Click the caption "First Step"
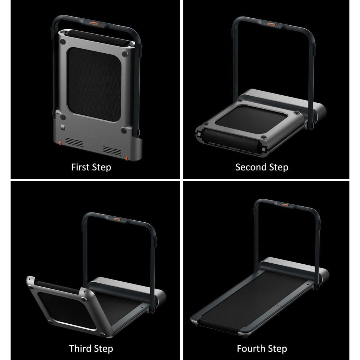91,167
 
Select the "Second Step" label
262,167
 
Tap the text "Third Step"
91,348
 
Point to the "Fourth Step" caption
262,348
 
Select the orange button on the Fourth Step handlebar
284,204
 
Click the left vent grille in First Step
74,143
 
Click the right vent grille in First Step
112,151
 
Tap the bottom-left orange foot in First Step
60,142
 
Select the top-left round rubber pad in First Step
64,42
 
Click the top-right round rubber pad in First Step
125,54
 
